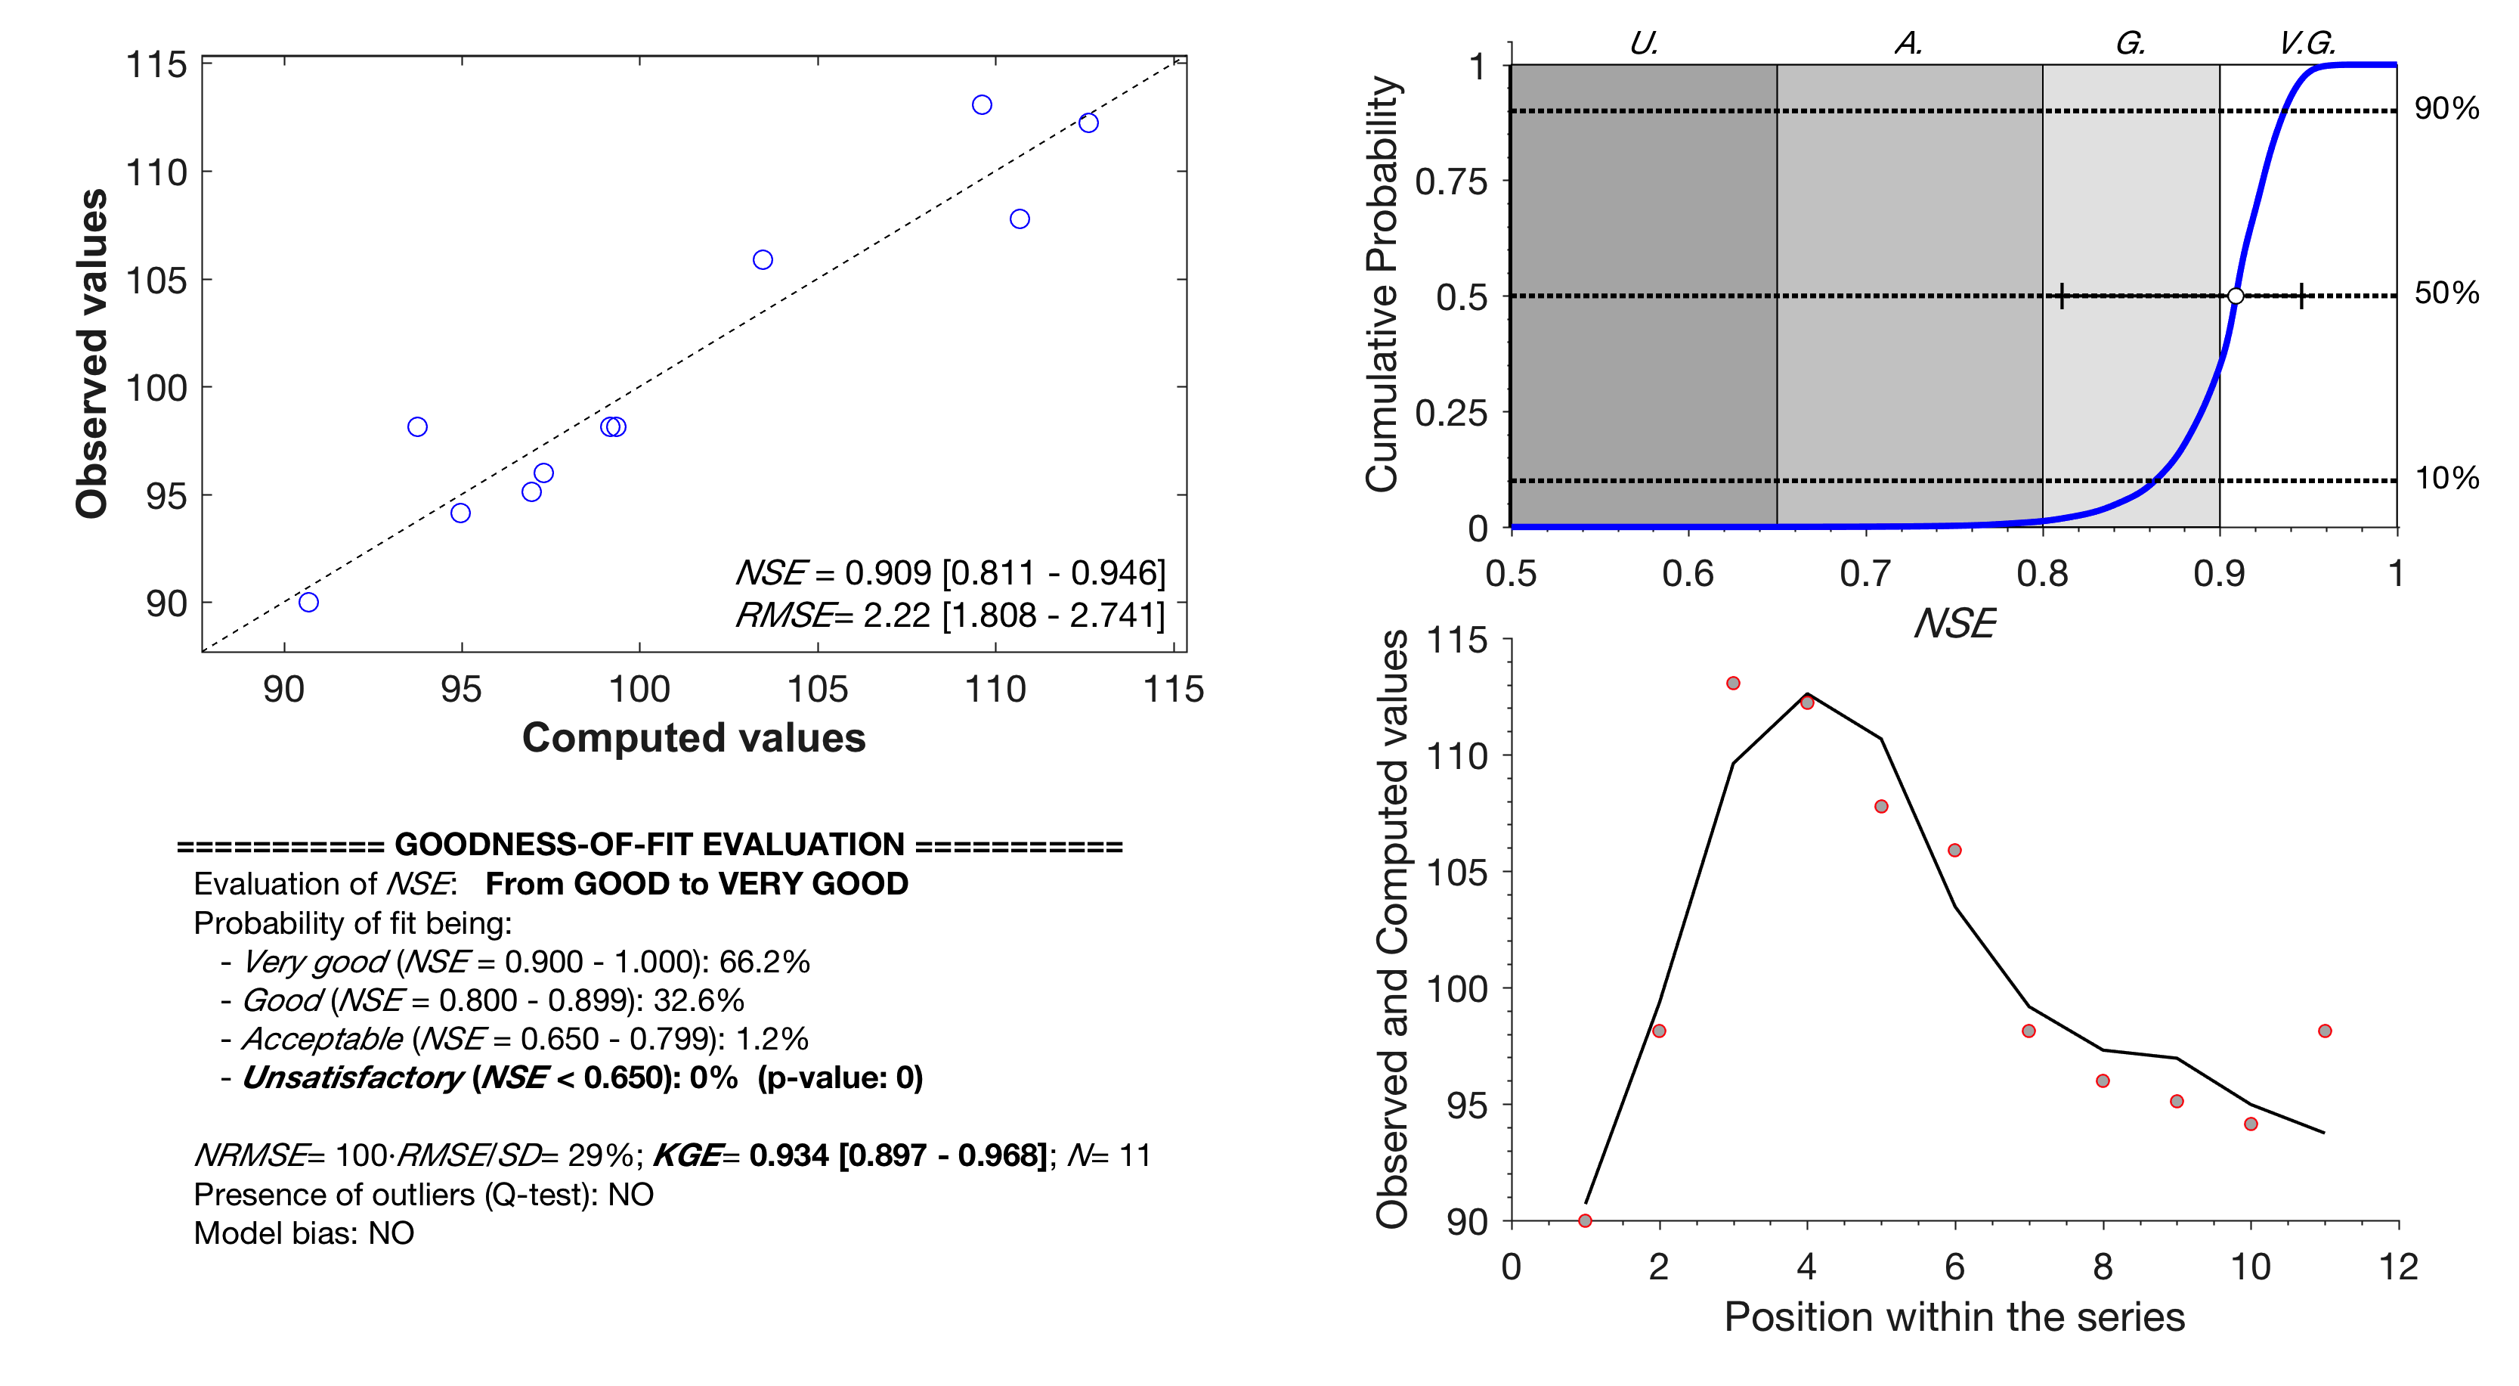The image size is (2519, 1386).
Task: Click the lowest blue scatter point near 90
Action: [x=308, y=602]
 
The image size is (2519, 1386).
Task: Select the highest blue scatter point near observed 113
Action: [x=982, y=104]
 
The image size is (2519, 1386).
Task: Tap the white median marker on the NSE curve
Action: [x=2236, y=296]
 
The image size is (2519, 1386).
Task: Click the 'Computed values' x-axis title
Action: [x=693, y=737]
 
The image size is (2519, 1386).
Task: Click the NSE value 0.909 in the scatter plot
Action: [x=888, y=572]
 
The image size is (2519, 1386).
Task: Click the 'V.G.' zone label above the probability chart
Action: [x=2306, y=43]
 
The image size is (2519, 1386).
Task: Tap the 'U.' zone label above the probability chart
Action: [x=1644, y=43]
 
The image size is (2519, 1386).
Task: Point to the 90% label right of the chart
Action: [x=2446, y=109]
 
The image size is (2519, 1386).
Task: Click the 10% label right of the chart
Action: [x=2446, y=479]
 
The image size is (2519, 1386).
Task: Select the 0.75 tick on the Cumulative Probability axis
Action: [x=1451, y=182]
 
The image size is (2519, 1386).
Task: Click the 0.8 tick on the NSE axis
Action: [x=2042, y=573]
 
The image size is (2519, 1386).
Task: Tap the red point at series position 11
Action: [x=2325, y=1031]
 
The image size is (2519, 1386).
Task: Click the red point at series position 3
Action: [x=1733, y=683]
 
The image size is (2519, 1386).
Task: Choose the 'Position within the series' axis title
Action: [x=1954, y=1316]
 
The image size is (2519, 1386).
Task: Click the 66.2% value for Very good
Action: [x=764, y=962]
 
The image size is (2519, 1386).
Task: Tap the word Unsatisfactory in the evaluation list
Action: [x=352, y=1077]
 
